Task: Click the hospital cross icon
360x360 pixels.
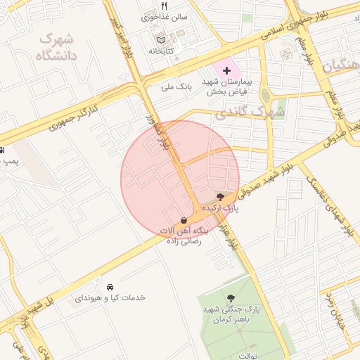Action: [x=226, y=71]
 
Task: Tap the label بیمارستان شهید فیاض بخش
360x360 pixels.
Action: [x=231, y=86]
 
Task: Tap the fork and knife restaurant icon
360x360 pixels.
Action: [x=164, y=6]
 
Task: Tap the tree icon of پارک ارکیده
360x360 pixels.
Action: [x=221, y=198]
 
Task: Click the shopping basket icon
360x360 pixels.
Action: [x=184, y=220]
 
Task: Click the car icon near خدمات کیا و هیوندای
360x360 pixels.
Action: [x=110, y=287]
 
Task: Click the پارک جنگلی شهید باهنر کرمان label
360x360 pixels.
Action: [x=232, y=315]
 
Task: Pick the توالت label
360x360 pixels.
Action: [x=248, y=356]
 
